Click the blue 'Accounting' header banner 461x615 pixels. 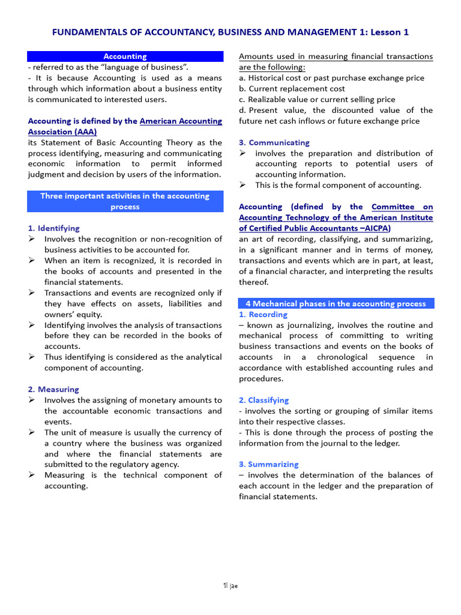[125, 56]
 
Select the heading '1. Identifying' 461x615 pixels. [53, 228]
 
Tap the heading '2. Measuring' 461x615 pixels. [53, 389]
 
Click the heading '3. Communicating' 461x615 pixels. [274, 142]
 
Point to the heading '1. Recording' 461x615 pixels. [263, 314]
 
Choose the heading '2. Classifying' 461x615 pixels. [264, 400]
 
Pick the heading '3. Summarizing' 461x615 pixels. [268, 464]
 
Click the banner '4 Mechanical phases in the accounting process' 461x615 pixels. [336, 303]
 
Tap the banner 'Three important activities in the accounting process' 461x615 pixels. [125, 201]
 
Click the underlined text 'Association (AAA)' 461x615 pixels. [62, 132]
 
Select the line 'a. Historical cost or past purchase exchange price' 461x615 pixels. [331, 78]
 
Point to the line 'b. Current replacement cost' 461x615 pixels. [292, 89]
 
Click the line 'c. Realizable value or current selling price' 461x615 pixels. [317, 100]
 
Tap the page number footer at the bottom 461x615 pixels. [230, 586]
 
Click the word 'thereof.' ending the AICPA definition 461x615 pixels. [255, 282]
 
